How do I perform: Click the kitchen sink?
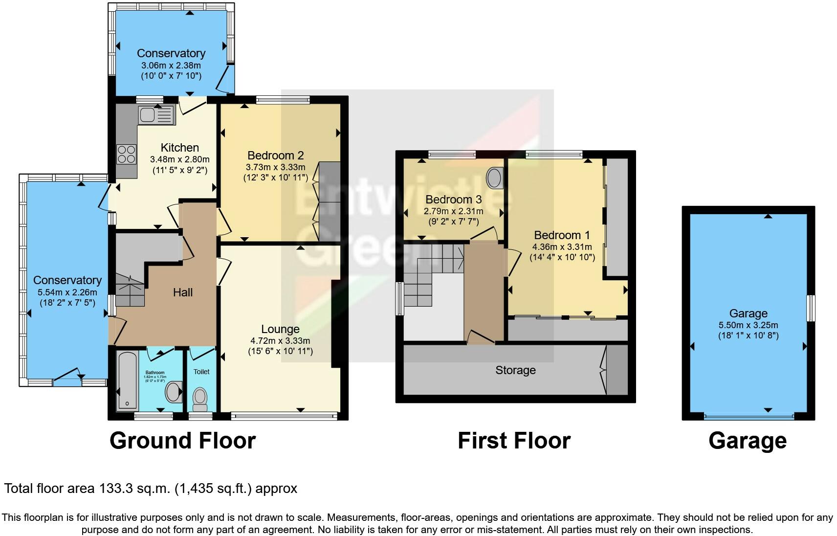tap(156, 115)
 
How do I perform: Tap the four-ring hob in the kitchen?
tap(126, 155)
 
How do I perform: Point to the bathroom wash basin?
tap(173, 392)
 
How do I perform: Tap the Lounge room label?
tap(280, 329)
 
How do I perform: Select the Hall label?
tap(183, 292)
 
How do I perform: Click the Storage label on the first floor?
tap(515, 370)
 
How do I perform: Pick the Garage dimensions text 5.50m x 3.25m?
tap(748, 325)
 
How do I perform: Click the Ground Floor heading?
tap(182, 440)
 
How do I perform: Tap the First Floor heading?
tap(514, 440)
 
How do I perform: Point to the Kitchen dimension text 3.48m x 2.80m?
tap(179, 159)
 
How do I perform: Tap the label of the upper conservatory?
tap(171, 53)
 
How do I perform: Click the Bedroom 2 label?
tap(275, 156)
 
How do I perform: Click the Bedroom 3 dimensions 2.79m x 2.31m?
tap(453, 211)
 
